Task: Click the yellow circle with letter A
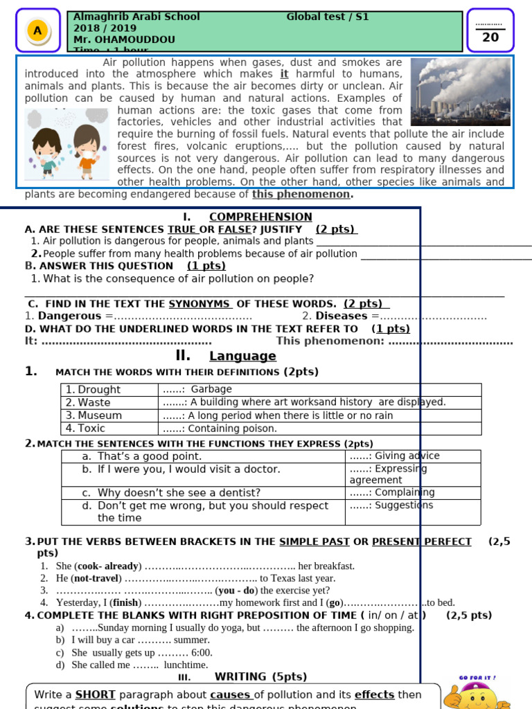pos(37,30)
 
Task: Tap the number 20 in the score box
pos(490,37)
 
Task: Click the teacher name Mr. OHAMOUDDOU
pos(124,39)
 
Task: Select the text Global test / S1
pos(327,17)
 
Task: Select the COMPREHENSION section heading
pos(260,217)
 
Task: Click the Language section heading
pos(242,356)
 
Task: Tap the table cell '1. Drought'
pos(109,390)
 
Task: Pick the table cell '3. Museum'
pos(109,415)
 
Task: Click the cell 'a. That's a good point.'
pos(202,456)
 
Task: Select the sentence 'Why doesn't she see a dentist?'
pos(179,493)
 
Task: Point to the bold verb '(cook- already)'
pos(108,566)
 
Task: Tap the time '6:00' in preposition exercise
pos(202,652)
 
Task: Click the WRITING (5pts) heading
pos(260,676)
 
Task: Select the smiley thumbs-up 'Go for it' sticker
pos(478,692)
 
